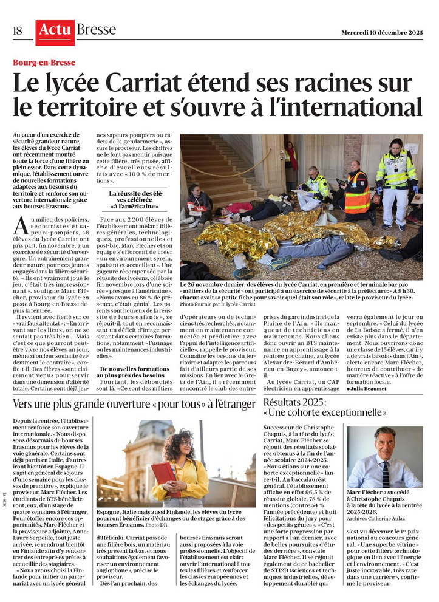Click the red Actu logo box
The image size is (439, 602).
click(55, 32)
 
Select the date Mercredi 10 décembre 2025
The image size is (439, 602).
click(381, 32)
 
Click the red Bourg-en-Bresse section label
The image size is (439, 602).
click(44, 63)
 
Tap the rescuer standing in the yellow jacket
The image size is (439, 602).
click(396, 180)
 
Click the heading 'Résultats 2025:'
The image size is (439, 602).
click(296, 403)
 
